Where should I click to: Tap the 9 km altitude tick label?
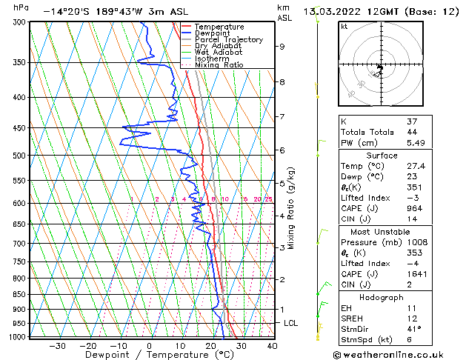(282, 46)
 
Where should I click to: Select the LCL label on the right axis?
(292, 324)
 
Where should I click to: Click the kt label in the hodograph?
(344, 27)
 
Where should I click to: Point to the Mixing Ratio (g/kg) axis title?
(291, 208)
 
